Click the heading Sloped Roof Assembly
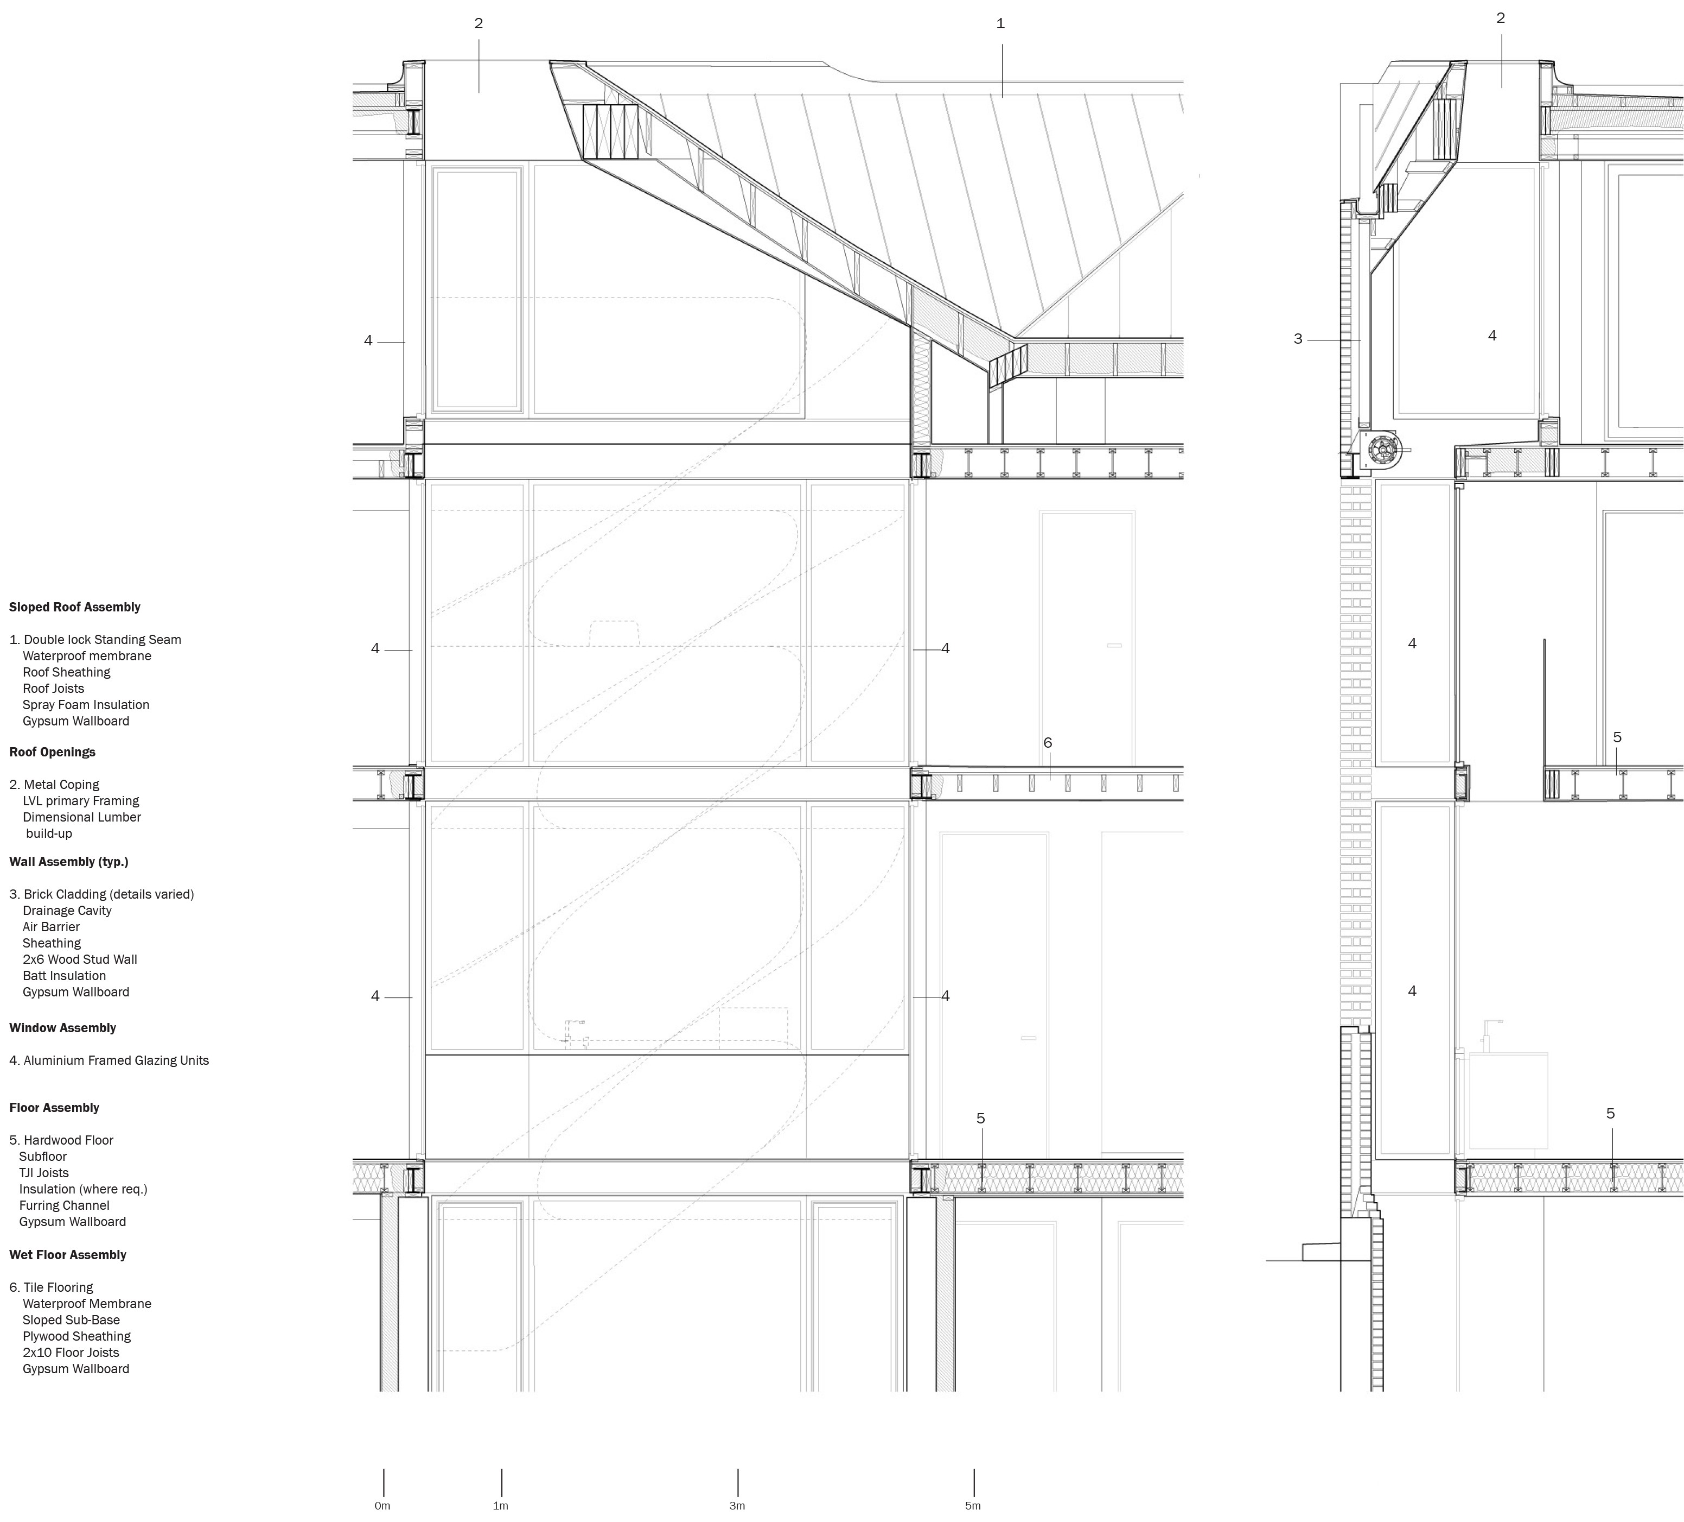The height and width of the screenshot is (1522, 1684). [74, 608]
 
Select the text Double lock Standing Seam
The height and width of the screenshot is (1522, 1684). [102, 640]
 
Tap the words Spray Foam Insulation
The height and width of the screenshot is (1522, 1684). [86, 705]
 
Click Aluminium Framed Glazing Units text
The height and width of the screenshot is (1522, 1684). [116, 1060]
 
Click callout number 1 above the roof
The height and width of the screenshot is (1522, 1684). [1001, 23]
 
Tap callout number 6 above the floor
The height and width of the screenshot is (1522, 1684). [1048, 743]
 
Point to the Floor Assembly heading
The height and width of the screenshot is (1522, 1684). [54, 1108]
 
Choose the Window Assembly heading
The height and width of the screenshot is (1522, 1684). [62, 1028]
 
